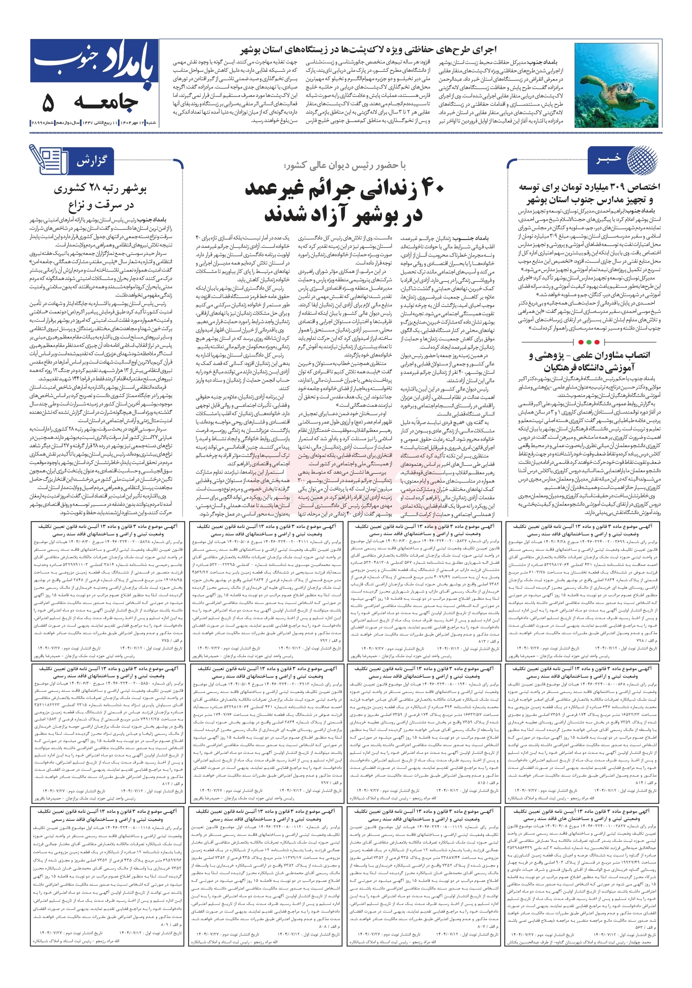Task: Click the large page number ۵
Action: point(48,103)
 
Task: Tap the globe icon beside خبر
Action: point(642,160)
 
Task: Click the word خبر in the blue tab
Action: point(608,159)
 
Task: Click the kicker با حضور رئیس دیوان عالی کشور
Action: point(345,166)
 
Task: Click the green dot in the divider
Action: point(596,342)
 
